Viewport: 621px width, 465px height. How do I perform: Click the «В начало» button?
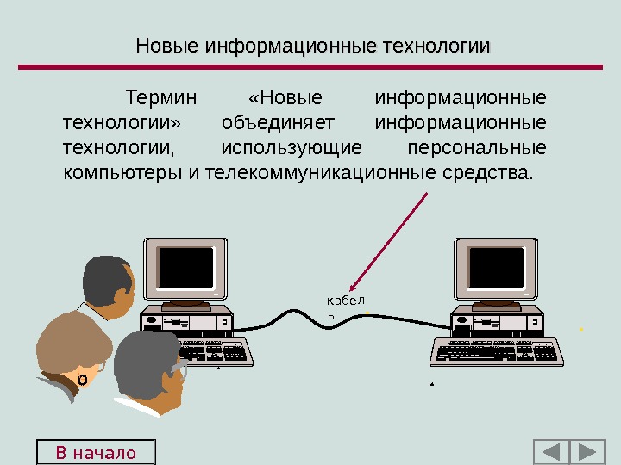[96, 452]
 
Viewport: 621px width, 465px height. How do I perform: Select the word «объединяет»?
[277, 121]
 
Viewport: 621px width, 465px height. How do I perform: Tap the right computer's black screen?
[496, 267]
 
